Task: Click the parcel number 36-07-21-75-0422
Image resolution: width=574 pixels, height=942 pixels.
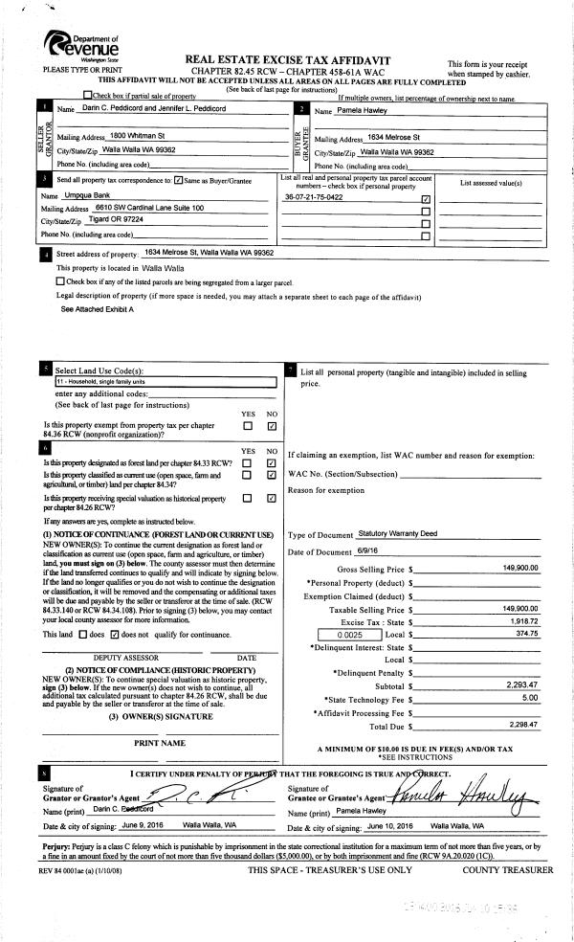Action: click(x=315, y=198)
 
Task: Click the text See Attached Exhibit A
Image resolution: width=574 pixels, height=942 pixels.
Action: click(x=98, y=310)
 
